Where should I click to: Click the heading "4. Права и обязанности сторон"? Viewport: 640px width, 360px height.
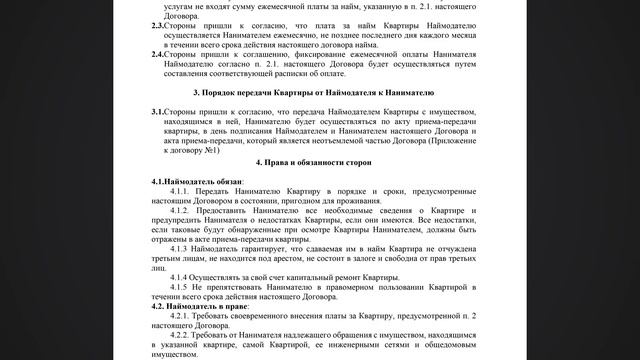321,161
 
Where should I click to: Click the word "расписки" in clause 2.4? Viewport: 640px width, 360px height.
288,74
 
